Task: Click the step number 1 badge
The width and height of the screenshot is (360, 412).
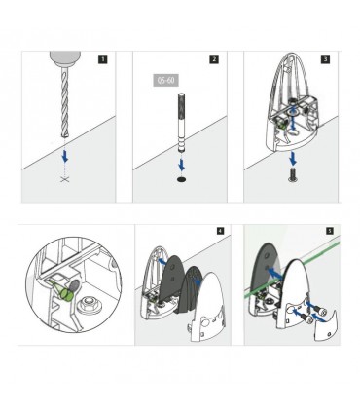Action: [x=103, y=59]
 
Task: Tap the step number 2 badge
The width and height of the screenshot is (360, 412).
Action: [x=214, y=59]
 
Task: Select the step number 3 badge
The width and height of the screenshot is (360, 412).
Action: [x=325, y=59]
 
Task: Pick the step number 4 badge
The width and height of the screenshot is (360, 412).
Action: [x=220, y=231]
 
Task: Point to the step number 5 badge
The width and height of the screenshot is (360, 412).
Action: [x=330, y=231]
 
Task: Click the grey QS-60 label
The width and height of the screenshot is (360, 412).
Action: [x=165, y=80]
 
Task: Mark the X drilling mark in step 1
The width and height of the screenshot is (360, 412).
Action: [x=65, y=179]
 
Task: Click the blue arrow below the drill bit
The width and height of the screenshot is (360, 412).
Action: [x=66, y=157]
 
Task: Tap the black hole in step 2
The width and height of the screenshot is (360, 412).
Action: [x=182, y=179]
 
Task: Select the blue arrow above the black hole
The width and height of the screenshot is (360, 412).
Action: [x=182, y=166]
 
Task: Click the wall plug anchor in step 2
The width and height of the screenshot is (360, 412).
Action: [x=181, y=123]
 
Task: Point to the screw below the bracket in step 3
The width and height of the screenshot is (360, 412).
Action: [x=292, y=174]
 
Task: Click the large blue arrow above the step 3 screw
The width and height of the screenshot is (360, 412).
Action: [x=294, y=158]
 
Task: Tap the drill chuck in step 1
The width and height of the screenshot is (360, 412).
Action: [x=65, y=58]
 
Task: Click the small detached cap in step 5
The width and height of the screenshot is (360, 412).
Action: [x=326, y=325]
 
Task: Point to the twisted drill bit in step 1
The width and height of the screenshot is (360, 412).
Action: [x=64, y=101]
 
